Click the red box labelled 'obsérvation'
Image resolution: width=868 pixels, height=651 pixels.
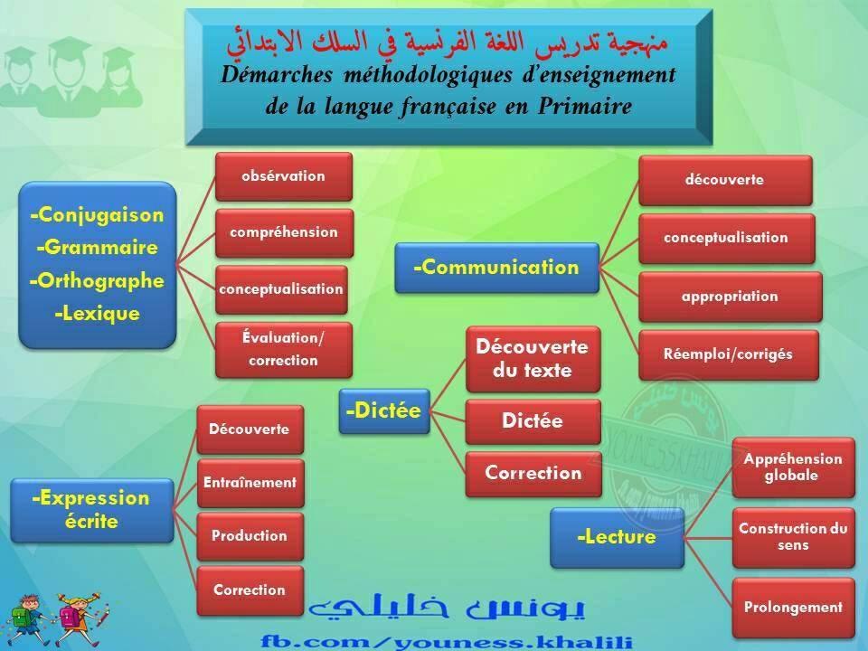283,176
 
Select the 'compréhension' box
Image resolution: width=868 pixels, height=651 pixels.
284,232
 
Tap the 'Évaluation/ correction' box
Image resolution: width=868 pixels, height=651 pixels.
283,350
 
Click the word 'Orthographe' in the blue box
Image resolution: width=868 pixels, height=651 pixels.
98,280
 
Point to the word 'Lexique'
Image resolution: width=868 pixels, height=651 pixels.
98,314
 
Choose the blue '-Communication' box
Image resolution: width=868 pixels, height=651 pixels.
496,268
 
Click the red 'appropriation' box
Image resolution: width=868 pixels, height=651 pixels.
731,297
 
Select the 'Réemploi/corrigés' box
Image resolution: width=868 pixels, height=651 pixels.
729,354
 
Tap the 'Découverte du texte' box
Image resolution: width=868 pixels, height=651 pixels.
533,359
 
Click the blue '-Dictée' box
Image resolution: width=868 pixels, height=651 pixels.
384,410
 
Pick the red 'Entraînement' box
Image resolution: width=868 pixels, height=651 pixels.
250,483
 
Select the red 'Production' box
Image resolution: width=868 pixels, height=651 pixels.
250,536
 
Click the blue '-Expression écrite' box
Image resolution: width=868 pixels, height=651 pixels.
92,510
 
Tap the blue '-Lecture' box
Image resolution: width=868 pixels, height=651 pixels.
617,537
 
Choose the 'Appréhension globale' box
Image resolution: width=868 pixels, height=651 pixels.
793,467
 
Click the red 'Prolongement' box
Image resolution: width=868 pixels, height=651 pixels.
793,608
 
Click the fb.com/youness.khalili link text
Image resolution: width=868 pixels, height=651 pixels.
447,642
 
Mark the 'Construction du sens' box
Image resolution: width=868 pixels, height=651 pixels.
793,537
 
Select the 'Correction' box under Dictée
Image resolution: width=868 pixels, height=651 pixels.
533,474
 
